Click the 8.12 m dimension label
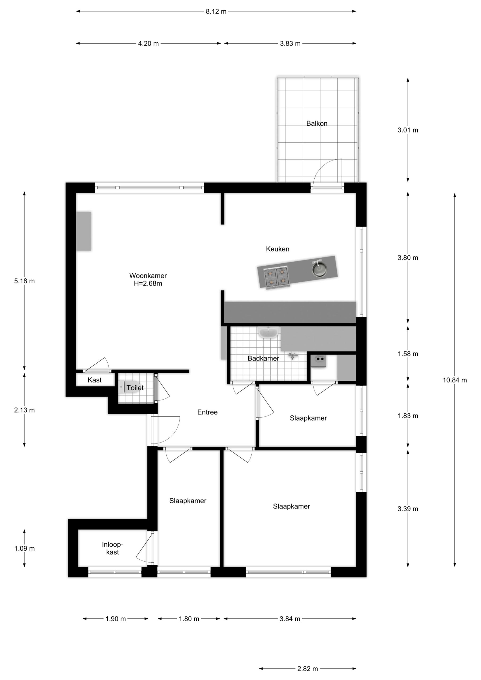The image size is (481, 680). pyautogui.click(x=216, y=11)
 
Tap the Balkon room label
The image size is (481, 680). pyautogui.click(x=317, y=124)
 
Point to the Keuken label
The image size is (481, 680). pyautogui.click(x=277, y=249)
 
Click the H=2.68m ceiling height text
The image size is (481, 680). pyautogui.click(x=148, y=283)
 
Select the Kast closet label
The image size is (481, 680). pyautogui.click(x=95, y=380)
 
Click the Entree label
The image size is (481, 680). pyautogui.click(x=208, y=412)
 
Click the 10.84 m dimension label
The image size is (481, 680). pyautogui.click(x=455, y=380)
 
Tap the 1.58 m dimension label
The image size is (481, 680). pyautogui.click(x=408, y=354)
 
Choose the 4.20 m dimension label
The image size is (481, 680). pyautogui.click(x=148, y=44)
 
